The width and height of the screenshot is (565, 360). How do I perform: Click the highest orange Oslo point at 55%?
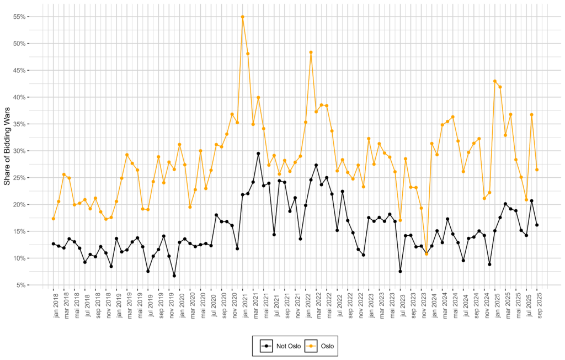pos(243,17)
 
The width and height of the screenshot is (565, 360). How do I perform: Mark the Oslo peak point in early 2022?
pos(311,52)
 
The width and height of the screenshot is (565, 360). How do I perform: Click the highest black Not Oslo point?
pos(258,153)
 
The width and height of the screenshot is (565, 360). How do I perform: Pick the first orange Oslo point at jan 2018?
pos(54,219)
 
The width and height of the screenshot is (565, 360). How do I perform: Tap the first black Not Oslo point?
pos(54,243)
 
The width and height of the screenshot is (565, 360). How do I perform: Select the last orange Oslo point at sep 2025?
pos(537,170)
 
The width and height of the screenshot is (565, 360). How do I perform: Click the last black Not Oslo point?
pos(537,225)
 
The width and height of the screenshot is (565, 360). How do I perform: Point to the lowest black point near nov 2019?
pos(174,276)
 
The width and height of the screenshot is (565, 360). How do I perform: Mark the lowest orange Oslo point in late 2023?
pos(427,254)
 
